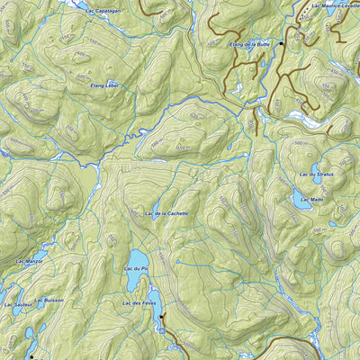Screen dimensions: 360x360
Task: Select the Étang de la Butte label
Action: (x=250, y=43)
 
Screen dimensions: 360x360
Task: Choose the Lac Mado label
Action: (x=311, y=198)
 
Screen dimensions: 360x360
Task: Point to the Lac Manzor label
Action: (x=31, y=260)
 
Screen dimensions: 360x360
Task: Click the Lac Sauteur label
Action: (x=17, y=305)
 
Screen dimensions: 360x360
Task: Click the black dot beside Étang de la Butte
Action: (x=281, y=43)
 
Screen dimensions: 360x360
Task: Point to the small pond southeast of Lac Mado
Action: (x=334, y=223)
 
